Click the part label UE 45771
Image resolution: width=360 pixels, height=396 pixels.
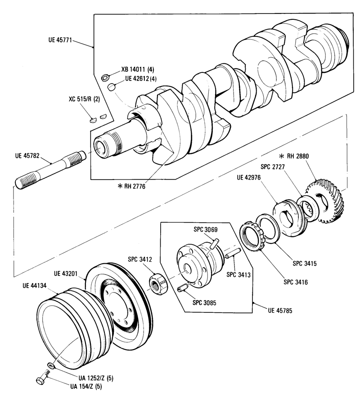pos(60,40)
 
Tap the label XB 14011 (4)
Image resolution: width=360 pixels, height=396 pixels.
pos(138,69)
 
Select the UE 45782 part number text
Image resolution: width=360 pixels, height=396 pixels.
pos(27,156)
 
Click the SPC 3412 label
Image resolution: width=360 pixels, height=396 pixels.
pos(140,259)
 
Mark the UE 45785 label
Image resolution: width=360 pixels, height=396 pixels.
pos(280,310)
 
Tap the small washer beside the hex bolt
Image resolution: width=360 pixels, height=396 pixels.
pos(51,365)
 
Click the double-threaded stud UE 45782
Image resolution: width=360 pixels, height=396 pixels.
pos(50,169)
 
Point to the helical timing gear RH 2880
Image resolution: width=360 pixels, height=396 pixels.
pos(325,201)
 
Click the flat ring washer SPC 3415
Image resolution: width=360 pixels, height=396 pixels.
pos(268,229)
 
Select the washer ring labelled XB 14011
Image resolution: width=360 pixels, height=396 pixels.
pos(104,78)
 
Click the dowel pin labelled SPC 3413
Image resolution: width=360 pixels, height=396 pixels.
pos(232,253)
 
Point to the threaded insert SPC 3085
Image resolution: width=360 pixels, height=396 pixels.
pos(182,288)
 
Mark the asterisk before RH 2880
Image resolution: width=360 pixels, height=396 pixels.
pos(281,156)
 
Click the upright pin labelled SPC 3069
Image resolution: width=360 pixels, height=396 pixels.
pos(215,244)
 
